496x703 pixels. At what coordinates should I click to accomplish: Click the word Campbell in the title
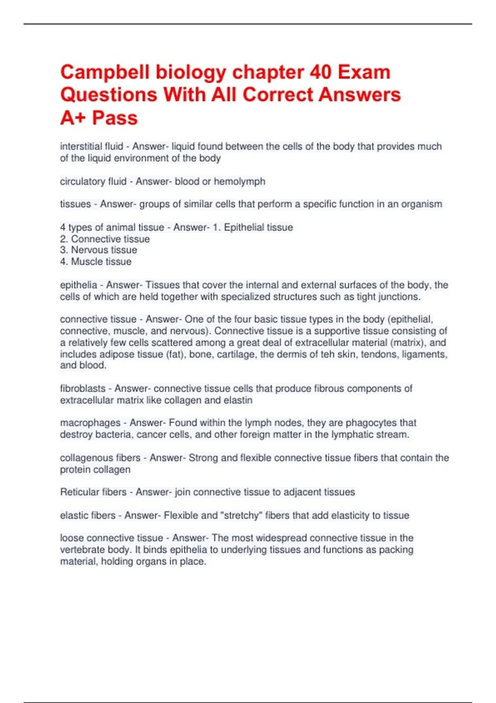(105, 72)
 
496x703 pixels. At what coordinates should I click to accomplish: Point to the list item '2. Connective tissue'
(105, 239)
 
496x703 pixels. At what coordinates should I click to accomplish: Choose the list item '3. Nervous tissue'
(98, 250)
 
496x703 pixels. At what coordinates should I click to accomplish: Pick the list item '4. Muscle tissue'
(95, 261)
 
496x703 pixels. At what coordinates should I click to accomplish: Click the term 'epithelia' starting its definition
(79, 285)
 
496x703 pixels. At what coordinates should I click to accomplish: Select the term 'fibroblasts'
(83, 389)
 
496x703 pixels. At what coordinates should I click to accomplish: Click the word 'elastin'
(238, 400)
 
